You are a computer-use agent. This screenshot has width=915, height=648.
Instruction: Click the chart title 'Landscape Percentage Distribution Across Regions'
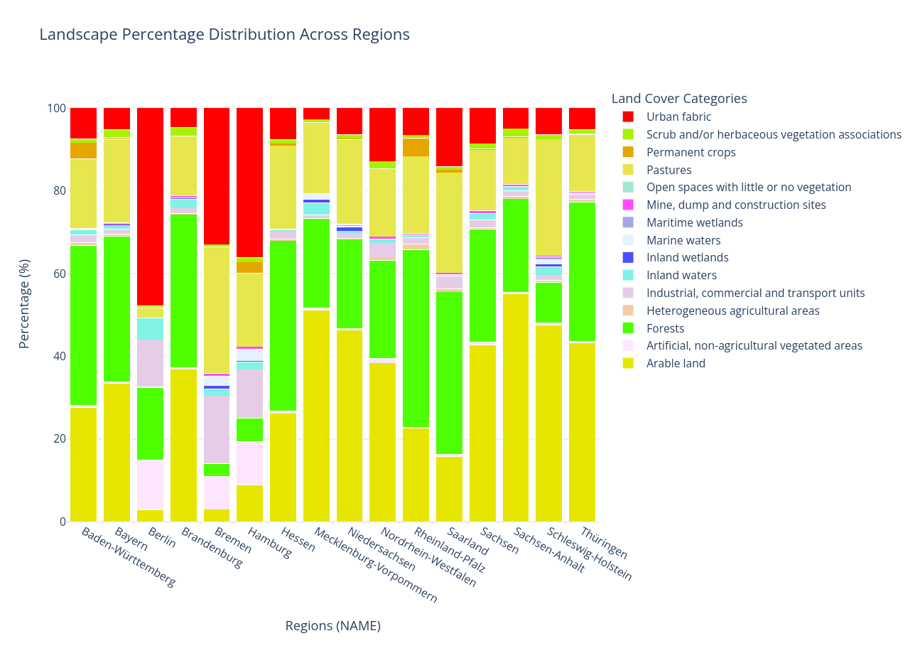point(224,35)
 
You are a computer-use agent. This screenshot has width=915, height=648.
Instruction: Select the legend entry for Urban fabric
point(678,117)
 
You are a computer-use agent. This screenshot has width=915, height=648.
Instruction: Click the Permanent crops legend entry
point(691,153)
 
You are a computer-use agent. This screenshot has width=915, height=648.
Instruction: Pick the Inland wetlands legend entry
point(687,258)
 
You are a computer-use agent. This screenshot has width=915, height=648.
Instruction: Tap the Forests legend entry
point(665,328)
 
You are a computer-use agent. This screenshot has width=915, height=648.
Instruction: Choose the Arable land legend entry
point(676,364)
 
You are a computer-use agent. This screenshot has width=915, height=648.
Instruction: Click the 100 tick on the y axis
point(56,109)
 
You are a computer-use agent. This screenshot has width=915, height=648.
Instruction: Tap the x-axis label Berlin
point(161,538)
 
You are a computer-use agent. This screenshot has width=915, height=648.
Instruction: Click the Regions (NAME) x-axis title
point(332,626)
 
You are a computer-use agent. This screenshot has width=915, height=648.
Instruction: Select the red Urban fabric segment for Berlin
point(150,207)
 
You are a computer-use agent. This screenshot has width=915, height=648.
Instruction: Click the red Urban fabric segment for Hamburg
point(249,183)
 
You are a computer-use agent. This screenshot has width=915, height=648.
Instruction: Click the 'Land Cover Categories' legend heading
point(678,99)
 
